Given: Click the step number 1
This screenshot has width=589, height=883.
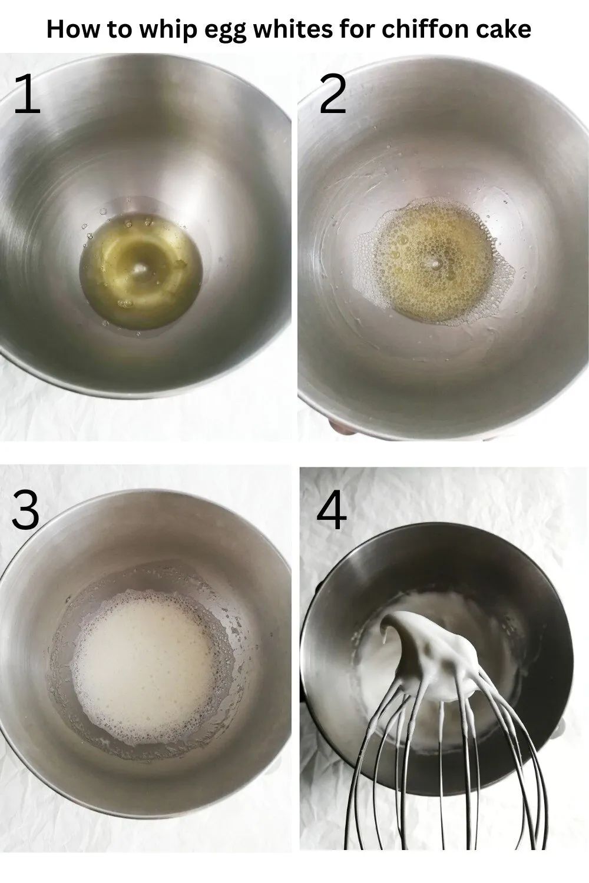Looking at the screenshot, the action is pos(28,94).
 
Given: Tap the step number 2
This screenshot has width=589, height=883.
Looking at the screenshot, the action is pos(333,94).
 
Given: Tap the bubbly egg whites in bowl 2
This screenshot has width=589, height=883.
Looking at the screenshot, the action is pos(434,261).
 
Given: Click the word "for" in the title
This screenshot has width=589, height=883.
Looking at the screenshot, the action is pos(356,29).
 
